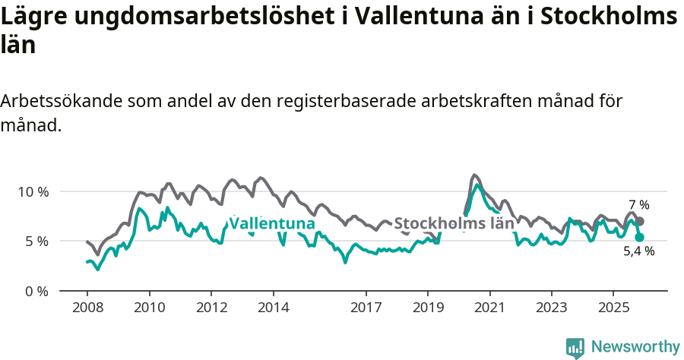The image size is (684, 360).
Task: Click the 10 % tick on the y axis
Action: tap(32, 191)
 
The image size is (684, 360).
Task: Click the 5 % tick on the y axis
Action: tap(35, 242)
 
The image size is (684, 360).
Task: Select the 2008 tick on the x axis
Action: tap(87, 308)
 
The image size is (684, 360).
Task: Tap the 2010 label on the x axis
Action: tap(149, 308)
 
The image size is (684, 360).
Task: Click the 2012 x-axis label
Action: tap(211, 308)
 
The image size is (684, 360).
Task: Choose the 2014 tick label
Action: tap(274, 308)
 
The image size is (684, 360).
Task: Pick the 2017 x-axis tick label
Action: tap(366, 308)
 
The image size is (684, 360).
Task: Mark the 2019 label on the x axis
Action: tap(428, 308)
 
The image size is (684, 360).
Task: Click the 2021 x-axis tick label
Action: tap(489, 308)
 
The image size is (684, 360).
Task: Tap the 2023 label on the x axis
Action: tap(552, 308)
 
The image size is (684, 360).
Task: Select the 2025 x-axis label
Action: tap(613, 308)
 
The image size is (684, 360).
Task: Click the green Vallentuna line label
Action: tap(272, 223)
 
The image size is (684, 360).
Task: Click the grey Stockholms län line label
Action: tap(454, 223)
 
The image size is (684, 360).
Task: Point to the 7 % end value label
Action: tap(639, 205)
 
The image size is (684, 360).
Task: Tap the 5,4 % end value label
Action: tap(639, 251)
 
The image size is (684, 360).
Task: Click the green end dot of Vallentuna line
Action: tap(639, 237)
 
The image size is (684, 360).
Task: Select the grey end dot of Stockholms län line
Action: tap(640, 221)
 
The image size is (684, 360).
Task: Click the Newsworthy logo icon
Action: tap(575, 347)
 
